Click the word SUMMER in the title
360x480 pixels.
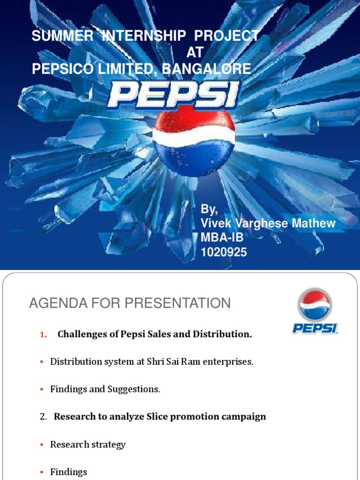pos(62,36)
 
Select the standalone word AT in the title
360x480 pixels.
pos(195,52)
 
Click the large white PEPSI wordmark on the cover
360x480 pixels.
pos(173,96)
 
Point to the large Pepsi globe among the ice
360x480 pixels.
pos(194,142)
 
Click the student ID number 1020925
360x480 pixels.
pos(224,253)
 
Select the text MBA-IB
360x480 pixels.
pos(222,238)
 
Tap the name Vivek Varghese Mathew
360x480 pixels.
pos(268,223)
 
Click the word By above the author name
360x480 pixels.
pos(209,209)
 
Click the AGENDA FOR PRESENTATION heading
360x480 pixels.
pos(130,303)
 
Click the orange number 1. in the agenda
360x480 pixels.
pos(44,335)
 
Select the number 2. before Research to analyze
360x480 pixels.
pos(44,417)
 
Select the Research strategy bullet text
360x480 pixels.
pos(88,444)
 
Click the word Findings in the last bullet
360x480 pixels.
pos(68,472)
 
